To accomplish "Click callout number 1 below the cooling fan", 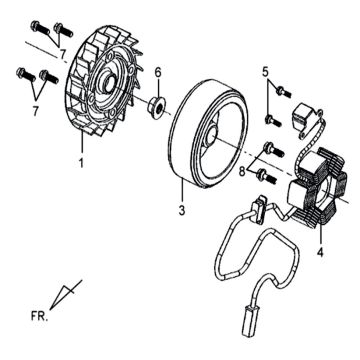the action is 81,163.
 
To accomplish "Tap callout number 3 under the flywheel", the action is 182,210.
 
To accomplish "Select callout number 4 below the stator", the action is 320,253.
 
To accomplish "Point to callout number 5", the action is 265,72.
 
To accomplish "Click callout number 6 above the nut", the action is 158,72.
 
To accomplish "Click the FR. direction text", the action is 40,316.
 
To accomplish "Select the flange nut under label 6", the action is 157,107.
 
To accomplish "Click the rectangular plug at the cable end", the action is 249,320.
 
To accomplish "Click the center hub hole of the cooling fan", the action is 110,81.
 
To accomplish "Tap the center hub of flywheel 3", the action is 212,136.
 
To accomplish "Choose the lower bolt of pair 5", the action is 272,121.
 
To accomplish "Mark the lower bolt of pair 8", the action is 267,176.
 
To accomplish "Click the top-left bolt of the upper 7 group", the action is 39,28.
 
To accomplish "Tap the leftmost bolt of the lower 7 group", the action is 25,75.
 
